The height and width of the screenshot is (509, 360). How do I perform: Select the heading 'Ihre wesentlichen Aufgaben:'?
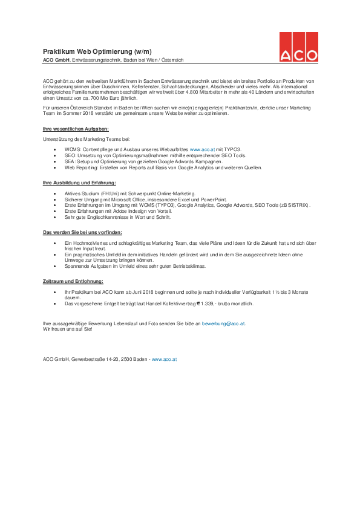(x=76, y=129)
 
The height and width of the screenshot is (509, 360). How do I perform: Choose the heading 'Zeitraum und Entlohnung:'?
(x=73, y=282)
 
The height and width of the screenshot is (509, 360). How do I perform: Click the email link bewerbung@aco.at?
(x=223, y=323)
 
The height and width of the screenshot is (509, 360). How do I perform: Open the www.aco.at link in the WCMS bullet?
(x=202, y=148)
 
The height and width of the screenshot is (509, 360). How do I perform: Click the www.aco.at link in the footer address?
(x=164, y=359)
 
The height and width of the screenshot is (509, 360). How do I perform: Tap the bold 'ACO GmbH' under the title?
(x=56, y=60)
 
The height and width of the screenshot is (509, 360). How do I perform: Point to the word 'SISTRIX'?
(x=298, y=206)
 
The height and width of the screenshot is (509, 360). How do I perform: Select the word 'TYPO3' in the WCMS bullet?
(x=232, y=148)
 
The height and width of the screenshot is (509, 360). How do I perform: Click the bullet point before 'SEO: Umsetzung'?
(x=56, y=155)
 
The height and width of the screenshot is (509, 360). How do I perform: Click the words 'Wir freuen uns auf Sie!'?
(x=67, y=329)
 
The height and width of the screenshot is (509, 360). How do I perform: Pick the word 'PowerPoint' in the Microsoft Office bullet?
(x=214, y=199)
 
